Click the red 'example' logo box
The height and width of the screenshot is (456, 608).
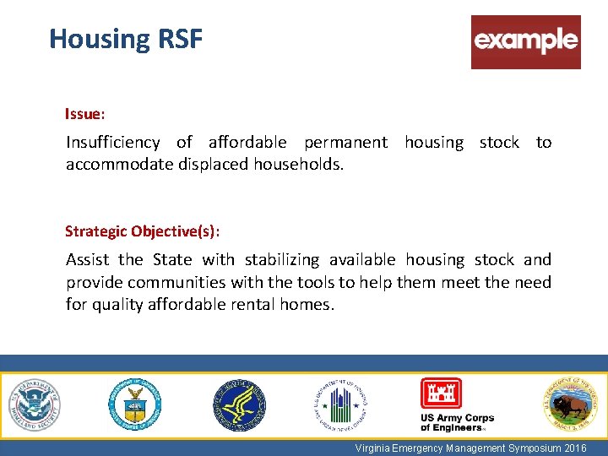525,41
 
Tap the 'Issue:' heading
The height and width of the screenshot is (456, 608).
84,112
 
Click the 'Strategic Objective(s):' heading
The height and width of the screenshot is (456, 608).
143,231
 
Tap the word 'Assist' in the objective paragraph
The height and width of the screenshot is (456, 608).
89,259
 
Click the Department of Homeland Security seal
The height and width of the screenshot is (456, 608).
35,404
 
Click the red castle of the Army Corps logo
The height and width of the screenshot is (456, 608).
441,394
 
